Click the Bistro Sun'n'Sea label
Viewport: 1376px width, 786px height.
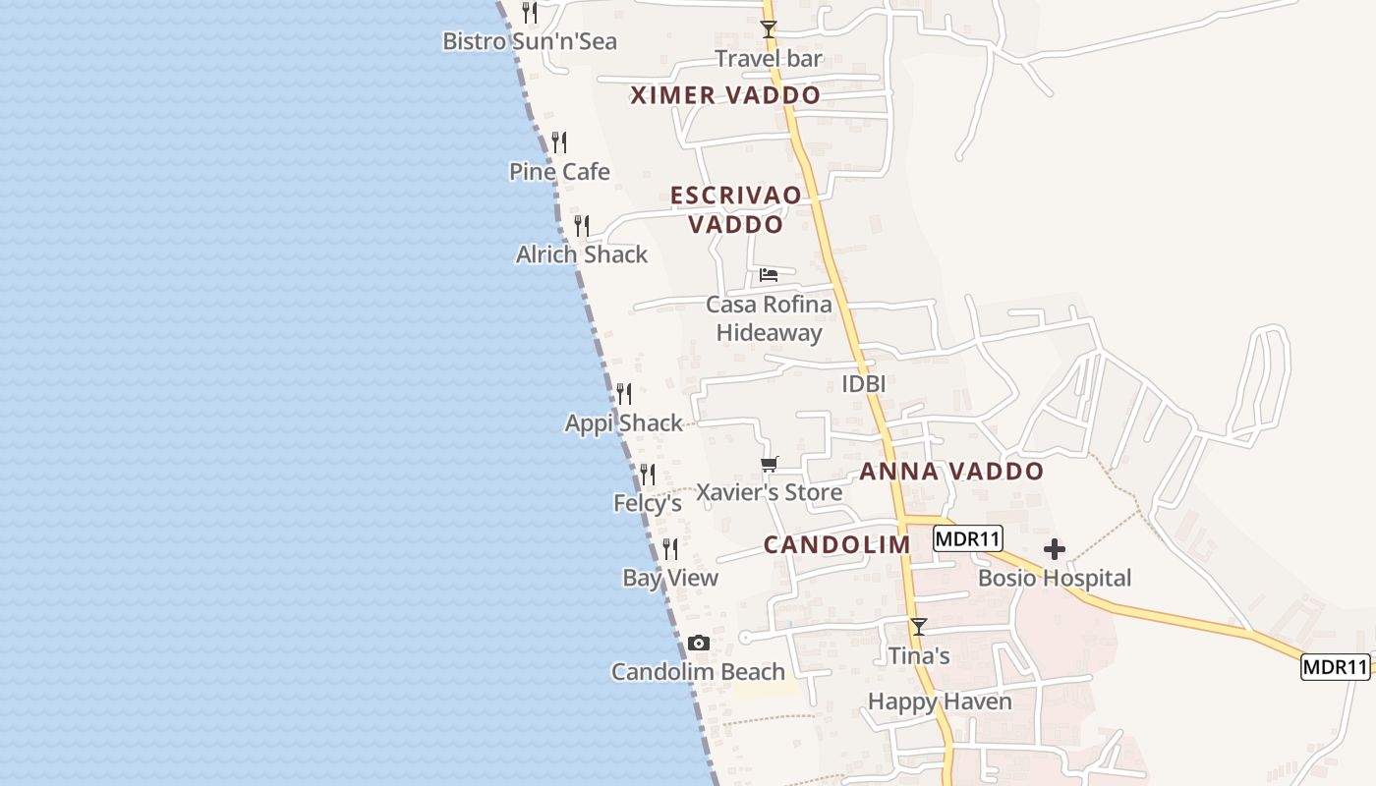coord(530,41)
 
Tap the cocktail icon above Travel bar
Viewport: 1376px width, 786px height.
coord(769,29)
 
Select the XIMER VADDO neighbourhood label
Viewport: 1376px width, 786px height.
coord(725,95)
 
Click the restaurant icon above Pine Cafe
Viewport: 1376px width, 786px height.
coord(559,142)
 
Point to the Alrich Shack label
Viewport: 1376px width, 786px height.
coord(582,254)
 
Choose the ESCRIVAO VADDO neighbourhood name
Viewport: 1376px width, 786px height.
coord(735,210)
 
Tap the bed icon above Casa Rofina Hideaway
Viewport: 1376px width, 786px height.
coord(769,274)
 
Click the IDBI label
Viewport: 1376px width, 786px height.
coord(864,384)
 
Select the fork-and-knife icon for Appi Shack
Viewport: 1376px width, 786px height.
coord(624,394)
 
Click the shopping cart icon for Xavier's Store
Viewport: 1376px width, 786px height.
coord(769,464)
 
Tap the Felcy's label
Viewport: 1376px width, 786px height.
coord(648,503)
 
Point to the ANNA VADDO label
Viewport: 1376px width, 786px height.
coord(951,472)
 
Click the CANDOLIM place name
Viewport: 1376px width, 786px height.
coord(837,545)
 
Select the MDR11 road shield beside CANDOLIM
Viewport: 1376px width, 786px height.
coord(968,538)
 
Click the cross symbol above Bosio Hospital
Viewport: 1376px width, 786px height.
coord(1055,548)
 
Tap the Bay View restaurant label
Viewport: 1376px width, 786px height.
coord(670,578)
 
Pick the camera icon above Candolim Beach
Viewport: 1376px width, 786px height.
coord(699,644)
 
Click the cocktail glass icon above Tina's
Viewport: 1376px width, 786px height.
coord(919,626)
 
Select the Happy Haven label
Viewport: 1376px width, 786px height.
coord(940,702)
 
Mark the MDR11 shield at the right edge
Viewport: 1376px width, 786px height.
coord(1336,667)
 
